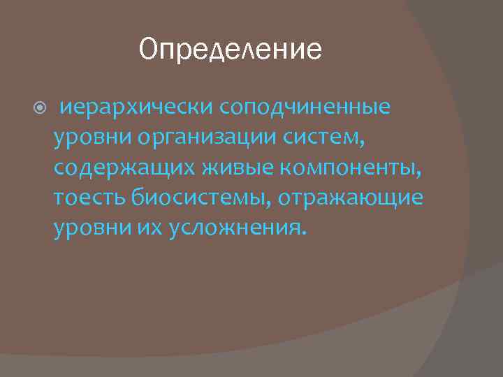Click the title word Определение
click(x=231, y=50)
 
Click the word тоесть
click(x=87, y=198)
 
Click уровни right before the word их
click(x=92, y=228)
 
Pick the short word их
click(x=150, y=228)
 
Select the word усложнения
click(x=233, y=228)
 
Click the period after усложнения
click(x=303, y=233)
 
